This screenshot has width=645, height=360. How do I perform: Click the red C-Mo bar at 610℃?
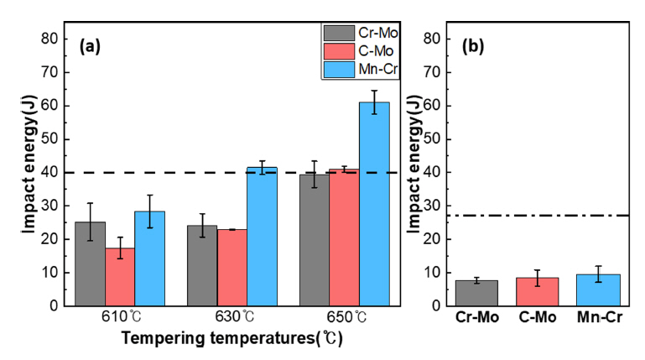point(120,276)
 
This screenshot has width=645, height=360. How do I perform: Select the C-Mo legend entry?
point(362,51)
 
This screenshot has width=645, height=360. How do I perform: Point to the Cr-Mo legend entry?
point(362,34)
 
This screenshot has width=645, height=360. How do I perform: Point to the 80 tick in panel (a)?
point(49,39)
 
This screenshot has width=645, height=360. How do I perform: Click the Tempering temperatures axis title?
point(232,339)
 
